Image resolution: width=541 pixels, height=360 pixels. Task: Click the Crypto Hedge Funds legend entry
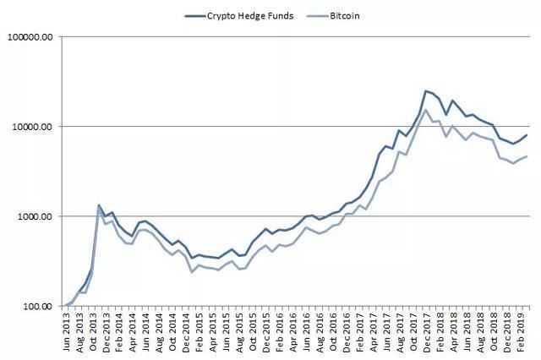pos(249,16)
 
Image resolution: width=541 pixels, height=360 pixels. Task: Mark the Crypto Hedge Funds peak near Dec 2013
pos(99,205)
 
